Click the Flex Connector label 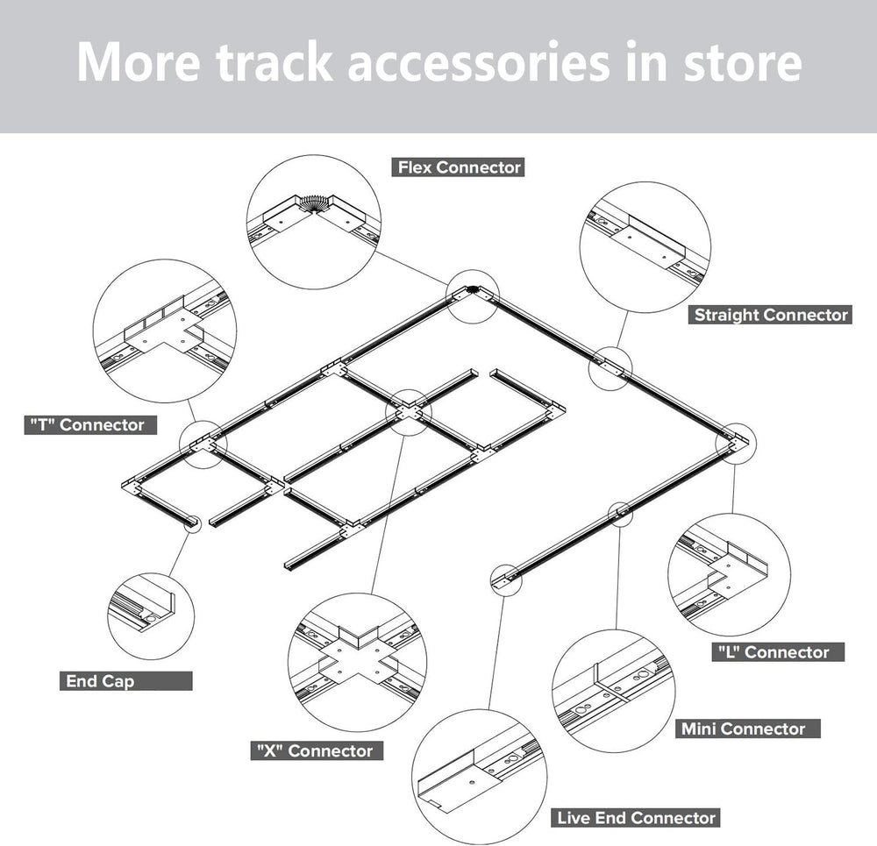coord(458,167)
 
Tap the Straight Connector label coord(770,315)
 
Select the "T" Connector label coord(90,425)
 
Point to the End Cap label coord(125,681)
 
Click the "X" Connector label coord(317,750)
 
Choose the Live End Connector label coord(635,818)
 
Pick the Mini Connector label coord(748,729)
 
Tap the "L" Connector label coord(778,652)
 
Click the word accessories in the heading coord(479,61)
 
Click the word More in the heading coord(139,61)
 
